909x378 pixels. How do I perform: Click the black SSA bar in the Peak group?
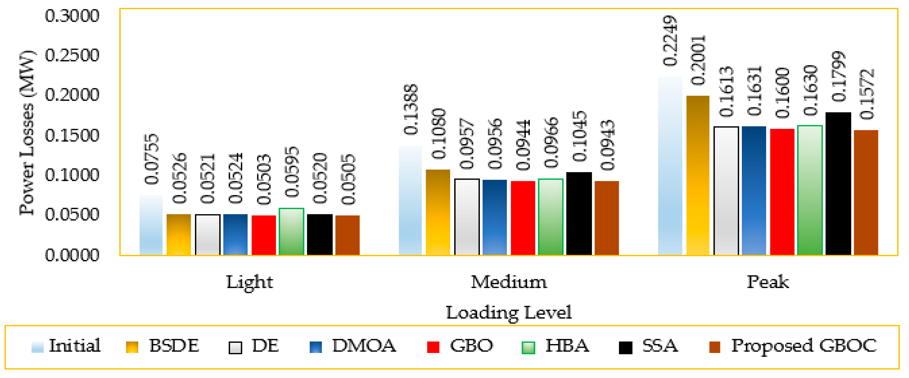pyautogui.click(x=838, y=184)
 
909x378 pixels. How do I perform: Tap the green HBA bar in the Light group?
pyautogui.click(x=291, y=232)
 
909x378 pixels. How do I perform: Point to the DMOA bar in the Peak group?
pyautogui.click(x=754, y=191)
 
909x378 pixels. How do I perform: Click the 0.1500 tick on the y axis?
pyautogui.click(x=72, y=135)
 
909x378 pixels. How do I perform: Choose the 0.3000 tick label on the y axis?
pyautogui.click(x=72, y=16)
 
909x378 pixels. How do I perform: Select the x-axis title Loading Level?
pyautogui.click(x=509, y=312)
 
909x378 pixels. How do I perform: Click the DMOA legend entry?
pyautogui.click(x=353, y=346)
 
